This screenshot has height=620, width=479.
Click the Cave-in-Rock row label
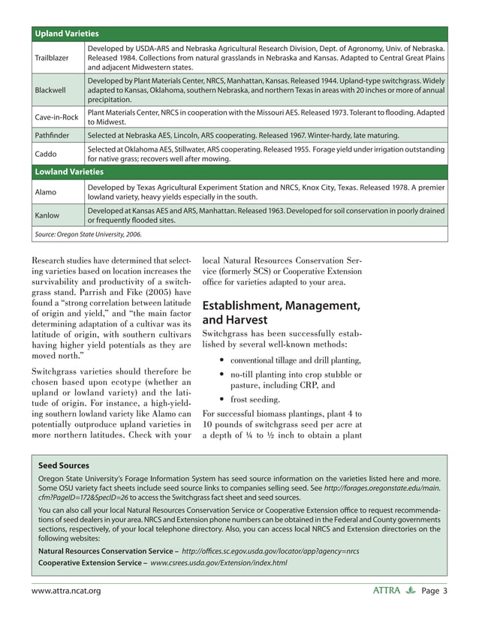click(57, 116)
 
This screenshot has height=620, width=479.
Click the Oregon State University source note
click(89, 235)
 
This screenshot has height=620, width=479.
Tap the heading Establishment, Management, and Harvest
click(281, 314)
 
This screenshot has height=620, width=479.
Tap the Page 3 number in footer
click(434, 591)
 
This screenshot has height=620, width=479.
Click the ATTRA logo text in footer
click(386, 591)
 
